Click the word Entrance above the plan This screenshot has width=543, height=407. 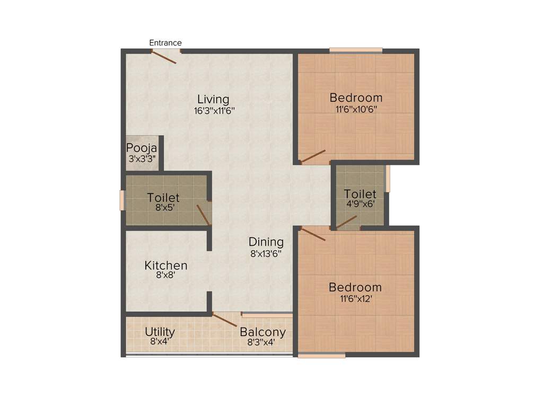point(165,43)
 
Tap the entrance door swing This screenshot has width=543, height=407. point(164,57)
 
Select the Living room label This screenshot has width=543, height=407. point(213,99)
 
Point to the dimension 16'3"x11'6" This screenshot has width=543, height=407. point(214,111)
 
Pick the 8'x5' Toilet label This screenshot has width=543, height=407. point(163,198)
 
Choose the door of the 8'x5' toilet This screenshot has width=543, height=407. point(203,214)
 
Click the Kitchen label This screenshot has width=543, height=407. point(166,265)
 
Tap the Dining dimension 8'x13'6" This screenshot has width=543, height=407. point(266,253)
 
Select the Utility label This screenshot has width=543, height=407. point(160,332)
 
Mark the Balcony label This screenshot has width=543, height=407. point(262,332)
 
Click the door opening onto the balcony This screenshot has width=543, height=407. point(225,320)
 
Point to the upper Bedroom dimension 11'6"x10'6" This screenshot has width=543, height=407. point(356,110)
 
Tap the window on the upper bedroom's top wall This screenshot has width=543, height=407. point(356,50)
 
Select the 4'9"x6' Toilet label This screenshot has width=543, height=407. point(360,194)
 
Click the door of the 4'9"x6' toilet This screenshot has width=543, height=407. point(346,222)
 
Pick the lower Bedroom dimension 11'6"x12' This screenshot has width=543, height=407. point(355,299)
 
